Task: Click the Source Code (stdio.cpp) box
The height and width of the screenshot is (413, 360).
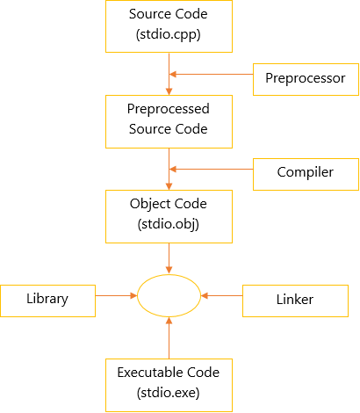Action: [x=169, y=26]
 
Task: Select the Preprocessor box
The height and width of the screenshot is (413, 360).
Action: [x=306, y=79]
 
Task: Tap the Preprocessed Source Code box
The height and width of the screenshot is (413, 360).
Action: [x=169, y=121]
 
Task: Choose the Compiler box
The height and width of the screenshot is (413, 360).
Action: [x=306, y=174]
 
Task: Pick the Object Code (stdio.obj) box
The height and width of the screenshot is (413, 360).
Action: [x=169, y=216]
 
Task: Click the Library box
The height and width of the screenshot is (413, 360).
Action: [x=47, y=301]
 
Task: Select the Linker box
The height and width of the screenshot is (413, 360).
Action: [x=295, y=301]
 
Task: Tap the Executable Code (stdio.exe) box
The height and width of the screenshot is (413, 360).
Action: [x=169, y=385]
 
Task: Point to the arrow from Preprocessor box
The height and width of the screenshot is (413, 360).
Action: [x=212, y=74]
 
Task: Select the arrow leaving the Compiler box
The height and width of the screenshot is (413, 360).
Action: [x=212, y=169]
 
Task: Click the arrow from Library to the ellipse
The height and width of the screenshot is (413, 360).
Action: [x=117, y=295]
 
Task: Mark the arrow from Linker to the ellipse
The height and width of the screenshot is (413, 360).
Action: [x=222, y=295]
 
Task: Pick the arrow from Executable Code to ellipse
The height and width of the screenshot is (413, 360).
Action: [x=169, y=338]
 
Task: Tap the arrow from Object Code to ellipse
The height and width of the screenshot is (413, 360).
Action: [x=169, y=258]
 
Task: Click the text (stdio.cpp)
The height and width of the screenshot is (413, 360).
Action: [x=169, y=34]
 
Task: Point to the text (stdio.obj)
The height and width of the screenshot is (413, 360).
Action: [x=169, y=224]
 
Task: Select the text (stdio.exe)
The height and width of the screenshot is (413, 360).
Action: [x=169, y=393]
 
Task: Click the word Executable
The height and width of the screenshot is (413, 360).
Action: [x=150, y=373]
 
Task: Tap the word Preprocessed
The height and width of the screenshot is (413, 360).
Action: [x=169, y=109]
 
